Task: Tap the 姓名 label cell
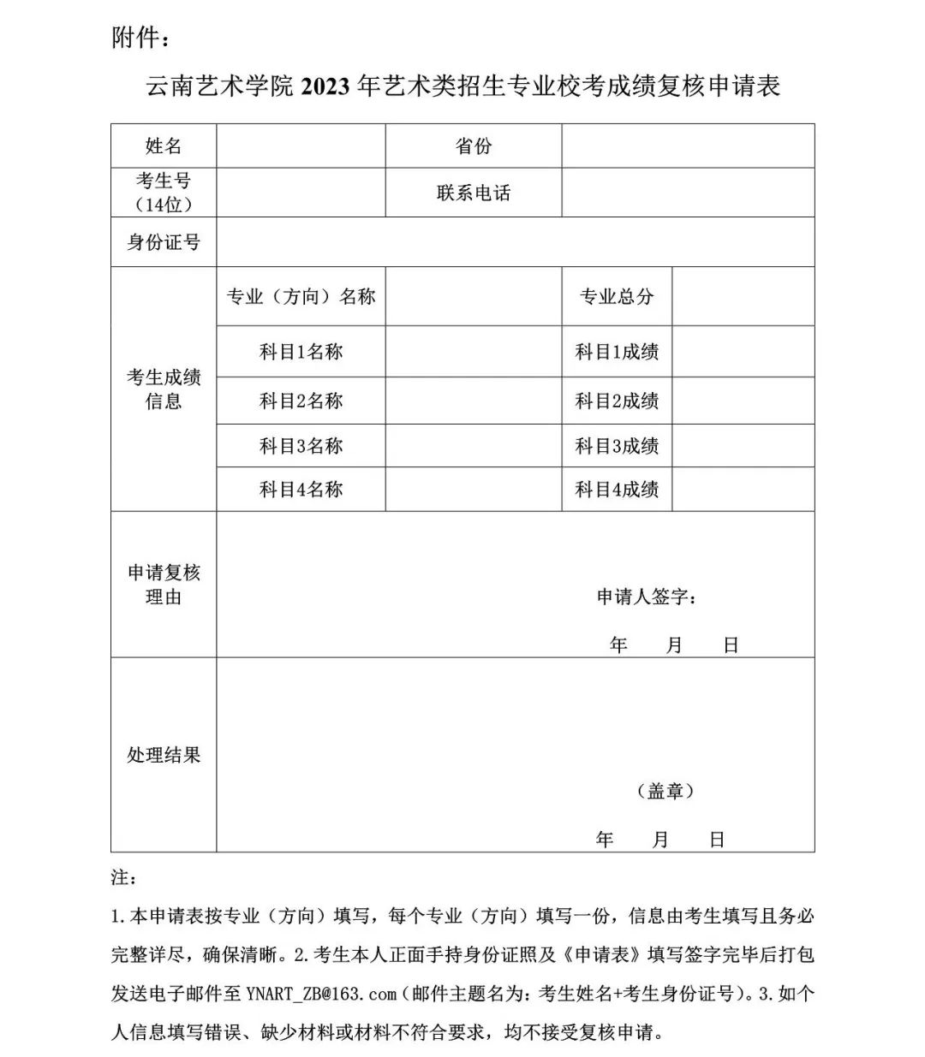(164, 146)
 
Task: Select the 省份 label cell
(473, 146)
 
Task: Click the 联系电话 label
(473, 193)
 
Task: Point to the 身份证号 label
(164, 242)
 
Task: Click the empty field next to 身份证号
(515, 242)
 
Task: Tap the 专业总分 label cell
(617, 297)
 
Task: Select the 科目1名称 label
(301, 352)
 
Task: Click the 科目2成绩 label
(617, 401)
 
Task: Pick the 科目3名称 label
(301, 446)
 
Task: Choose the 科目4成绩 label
(617, 490)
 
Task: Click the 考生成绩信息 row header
(164, 389)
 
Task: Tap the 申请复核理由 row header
(164, 585)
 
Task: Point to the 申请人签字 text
(647, 597)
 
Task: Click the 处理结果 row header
(164, 755)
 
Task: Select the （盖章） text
(665, 791)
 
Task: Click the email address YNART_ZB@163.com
(321, 994)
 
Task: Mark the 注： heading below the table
(123, 878)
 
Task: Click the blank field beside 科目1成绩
(743, 352)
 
